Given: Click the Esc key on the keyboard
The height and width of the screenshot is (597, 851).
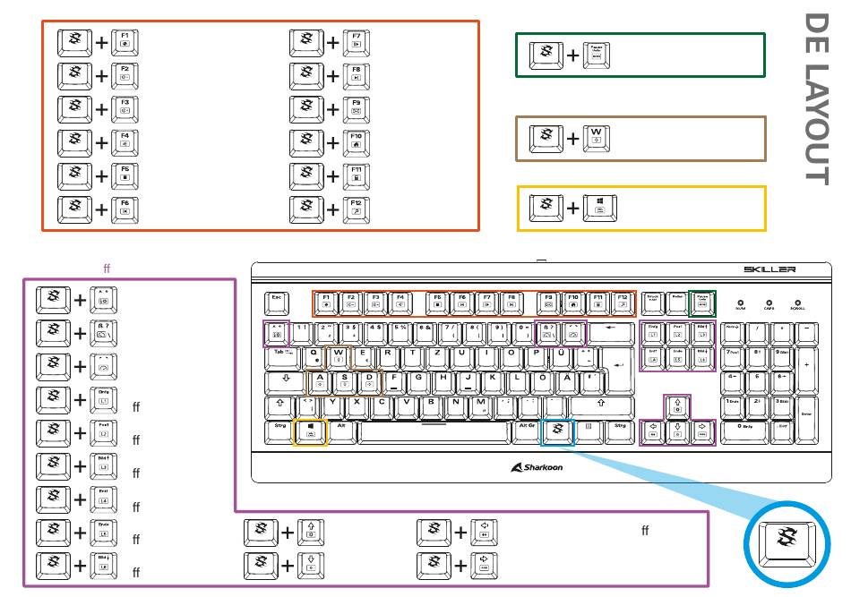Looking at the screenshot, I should tap(277, 302).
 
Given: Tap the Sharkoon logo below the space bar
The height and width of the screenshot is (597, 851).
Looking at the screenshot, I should tap(537, 466).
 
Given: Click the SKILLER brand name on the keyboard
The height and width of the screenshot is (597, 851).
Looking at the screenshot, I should tap(769, 269).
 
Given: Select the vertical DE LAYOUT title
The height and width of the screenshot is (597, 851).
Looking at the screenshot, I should tap(814, 98).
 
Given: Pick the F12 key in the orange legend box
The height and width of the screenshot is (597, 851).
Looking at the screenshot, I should tap(356, 209).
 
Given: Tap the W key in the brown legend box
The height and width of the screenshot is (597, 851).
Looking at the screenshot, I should tap(597, 139).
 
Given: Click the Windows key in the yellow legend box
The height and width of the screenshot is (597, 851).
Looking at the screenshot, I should tap(597, 209).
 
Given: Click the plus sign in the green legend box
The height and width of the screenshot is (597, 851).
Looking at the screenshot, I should tap(572, 55).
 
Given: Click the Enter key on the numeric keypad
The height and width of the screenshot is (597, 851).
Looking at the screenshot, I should tap(807, 413).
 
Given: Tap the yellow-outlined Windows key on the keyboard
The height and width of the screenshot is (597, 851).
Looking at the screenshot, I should tap(310, 431).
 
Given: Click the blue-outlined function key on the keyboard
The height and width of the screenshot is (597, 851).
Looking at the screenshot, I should tap(558, 431).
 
